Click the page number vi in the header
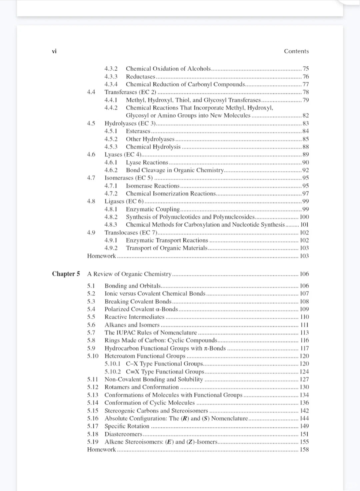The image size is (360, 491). point(54,51)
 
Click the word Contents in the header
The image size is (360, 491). point(296,51)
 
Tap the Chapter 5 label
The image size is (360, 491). point(66,274)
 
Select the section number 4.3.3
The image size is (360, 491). point(111,76)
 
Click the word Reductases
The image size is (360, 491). point(140,76)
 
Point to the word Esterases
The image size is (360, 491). point(138,131)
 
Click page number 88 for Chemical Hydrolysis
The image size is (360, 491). point(305,147)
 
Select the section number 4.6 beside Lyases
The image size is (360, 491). point(91,154)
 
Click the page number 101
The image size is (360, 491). point(304,224)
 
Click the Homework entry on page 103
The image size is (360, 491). point(101,256)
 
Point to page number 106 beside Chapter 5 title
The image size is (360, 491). point(304,274)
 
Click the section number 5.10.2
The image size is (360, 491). point(113,372)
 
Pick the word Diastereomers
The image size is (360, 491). point(123,434)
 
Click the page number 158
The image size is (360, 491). point(304,449)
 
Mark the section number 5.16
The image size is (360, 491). point(93,418)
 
